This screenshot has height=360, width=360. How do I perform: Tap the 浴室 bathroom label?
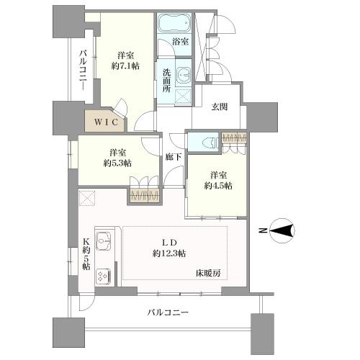tap(181, 42)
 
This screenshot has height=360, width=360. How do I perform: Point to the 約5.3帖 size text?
tap(118, 163)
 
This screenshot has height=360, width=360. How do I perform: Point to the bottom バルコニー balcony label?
tap(167, 313)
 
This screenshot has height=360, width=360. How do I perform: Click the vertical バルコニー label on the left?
tap(84, 69)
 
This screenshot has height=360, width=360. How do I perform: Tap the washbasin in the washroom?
tap(182, 74)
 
